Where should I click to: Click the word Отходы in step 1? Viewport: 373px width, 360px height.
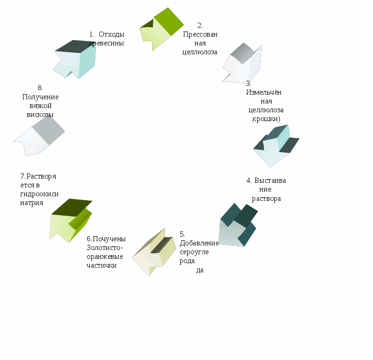click(x=112, y=34)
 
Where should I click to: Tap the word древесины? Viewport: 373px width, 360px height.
click(x=106, y=43)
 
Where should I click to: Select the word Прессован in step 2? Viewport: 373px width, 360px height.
click(x=200, y=35)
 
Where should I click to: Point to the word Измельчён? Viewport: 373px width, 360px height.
click(x=264, y=92)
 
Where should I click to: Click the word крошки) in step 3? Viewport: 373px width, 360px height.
click(x=266, y=119)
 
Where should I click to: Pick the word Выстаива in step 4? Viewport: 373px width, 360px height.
click(x=270, y=180)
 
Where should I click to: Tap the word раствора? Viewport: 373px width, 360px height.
click(x=266, y=199)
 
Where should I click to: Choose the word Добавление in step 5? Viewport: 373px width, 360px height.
click(x=199, y=243)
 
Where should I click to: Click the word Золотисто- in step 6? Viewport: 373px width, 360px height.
click(x=105, y=248)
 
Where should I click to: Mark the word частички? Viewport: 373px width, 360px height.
click(x=101, y=265)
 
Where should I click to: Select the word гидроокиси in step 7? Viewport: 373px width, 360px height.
click(x=39, y=194)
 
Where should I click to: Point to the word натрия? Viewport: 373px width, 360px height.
click(x=32, y=203)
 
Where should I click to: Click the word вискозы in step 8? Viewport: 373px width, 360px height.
click(x=40, y=115)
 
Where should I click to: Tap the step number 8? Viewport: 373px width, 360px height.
click(x=40, y=88)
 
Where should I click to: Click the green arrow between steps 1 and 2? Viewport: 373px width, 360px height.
click(x=161, y=29)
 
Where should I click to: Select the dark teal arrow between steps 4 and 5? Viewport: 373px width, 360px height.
click(x=238, y=225)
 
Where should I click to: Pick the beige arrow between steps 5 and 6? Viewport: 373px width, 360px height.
click(x=154, y=252)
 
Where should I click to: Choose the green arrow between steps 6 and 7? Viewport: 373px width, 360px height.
click(x=71, y=220)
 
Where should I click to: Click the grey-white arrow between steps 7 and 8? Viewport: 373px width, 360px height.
click(x=39, y=136)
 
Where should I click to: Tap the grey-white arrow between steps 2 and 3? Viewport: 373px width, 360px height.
click(x=242, y=64)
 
